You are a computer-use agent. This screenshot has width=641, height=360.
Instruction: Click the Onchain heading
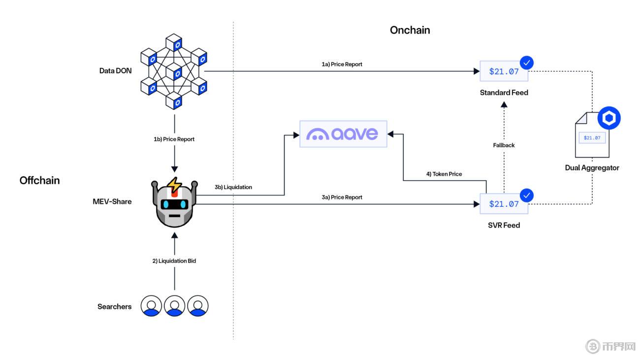click(x=410, y=30)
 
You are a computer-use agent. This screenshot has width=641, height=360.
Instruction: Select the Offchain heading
click(x=39, y=180)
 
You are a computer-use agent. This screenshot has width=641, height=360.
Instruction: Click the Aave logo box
click(x=343, y=133)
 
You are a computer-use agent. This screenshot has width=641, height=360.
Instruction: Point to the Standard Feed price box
click(x=504, y=71)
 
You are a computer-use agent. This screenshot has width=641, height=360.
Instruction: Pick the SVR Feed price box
click(x=504, y=204)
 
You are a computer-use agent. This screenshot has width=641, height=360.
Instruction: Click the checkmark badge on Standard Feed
click(x=527, y=63)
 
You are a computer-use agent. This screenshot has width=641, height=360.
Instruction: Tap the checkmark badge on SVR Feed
click(x=527, y=196)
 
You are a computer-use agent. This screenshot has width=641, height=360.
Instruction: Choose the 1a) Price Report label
click(x=342, y=65)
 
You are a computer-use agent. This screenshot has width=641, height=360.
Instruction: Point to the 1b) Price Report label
click(x=174, y=139)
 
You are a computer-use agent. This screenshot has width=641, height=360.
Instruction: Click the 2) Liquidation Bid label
click(x=174, y=261)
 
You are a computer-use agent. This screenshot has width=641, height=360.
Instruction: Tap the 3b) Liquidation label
click(x=233, y=188)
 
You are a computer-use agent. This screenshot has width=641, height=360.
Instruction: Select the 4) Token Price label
click(x=444, y=174)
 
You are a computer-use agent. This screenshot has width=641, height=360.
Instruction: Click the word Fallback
click(x=504, y=145)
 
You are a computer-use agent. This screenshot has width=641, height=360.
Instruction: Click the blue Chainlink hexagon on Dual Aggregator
click(x=609, y=119)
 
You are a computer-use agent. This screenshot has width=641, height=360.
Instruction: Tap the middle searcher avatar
click(x=174, y=306)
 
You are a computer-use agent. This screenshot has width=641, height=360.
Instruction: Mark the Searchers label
click(x=114, y=307)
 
